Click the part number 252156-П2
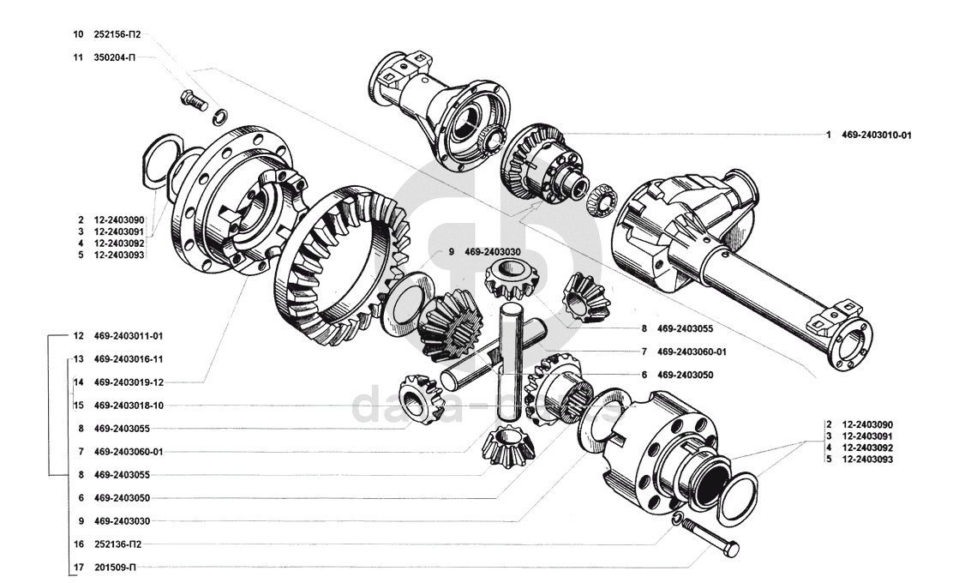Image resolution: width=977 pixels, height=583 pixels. (x=117, y=35)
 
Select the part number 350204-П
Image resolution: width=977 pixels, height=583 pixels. (x=114, y=58)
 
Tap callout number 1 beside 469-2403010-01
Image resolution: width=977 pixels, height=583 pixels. (x=829, y=135)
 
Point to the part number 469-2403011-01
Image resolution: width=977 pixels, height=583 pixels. (x=128, y=335)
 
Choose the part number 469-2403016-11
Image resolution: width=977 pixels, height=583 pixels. (x=128, y=358)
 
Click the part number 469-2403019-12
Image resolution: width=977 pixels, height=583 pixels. (x=128, y=382)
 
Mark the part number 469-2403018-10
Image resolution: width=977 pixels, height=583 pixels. (x=128, y=405)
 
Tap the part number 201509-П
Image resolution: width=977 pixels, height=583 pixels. (x=115, y=567)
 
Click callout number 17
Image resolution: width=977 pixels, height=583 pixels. (x=78, y=567)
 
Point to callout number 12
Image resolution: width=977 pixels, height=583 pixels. (x=78, y=335)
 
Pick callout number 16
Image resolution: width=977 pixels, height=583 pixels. (x=78, y=544)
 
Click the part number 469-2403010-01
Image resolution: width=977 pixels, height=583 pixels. (x=876, y=135)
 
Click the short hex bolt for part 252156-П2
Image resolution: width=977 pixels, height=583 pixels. (x=194, y=100)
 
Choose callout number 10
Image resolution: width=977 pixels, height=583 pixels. (x=78, y=35)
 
